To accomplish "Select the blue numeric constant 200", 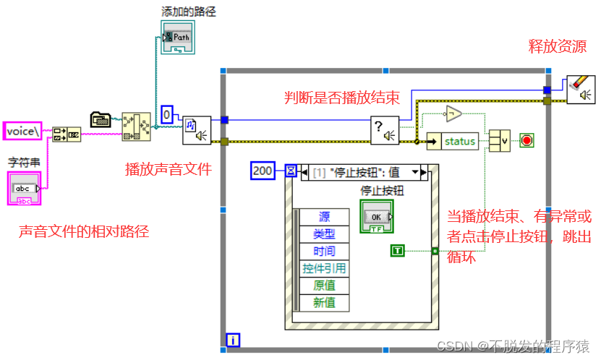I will click(264, 171).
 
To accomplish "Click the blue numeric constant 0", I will click(166, 114).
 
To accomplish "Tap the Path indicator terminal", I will click(176, 36).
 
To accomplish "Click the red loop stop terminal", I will click(527, 140).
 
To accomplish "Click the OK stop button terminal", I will click(375, 216).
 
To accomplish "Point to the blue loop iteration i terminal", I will click(233, 338).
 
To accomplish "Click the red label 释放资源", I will click(558, 47).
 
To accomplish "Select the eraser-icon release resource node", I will click(581, 90).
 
